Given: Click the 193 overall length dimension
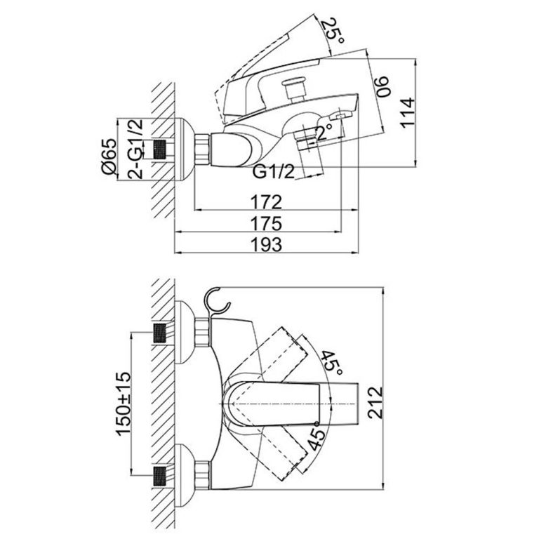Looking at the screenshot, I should [x=267, y=244].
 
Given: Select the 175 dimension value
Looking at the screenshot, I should [x=267, y=223].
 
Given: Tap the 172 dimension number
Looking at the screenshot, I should [x=267, y=202].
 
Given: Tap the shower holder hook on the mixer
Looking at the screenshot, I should [x=218, y=302].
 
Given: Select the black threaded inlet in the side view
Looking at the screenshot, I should [x=162, y=149].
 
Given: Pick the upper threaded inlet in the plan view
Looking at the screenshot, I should [x=162, y=333].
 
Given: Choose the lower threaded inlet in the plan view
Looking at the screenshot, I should [x=162, y=474].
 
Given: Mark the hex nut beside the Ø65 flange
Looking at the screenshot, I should [x=202, y=149].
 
